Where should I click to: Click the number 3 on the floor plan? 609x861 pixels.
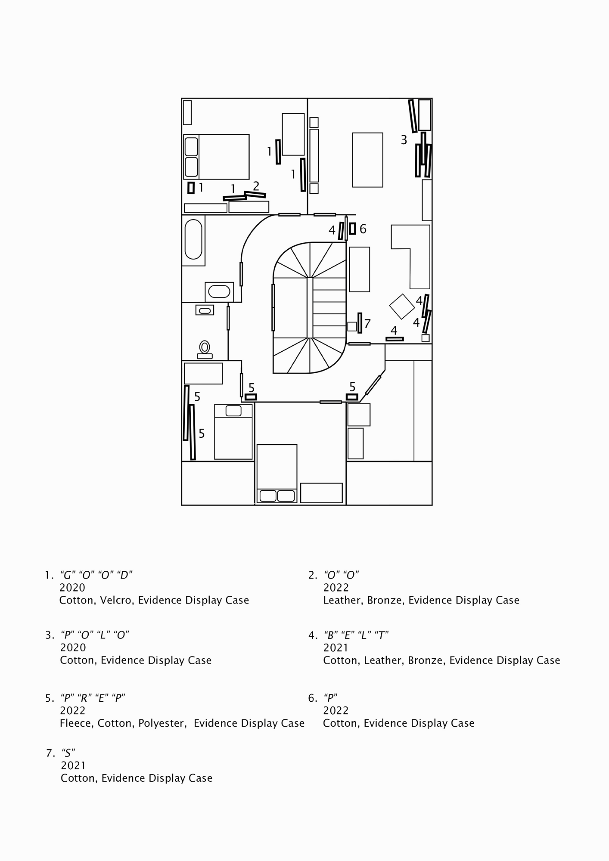click(x=404, y=140)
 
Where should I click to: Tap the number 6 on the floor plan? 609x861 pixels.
click(x=363, y=229)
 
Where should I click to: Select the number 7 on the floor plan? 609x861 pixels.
click(x=367, y=323)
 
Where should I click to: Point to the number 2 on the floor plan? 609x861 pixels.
click(x=256, y=186)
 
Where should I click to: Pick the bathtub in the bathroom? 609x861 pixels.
click(x=193, y=239)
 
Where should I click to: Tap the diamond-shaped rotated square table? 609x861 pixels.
click(x=402, y=306)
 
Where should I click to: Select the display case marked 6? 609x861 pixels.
click(x=352, y=229)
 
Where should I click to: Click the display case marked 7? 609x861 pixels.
click(x=360, y=323)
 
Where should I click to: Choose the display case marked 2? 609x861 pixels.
click(x=255, y=194)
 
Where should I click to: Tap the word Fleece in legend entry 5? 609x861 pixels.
click(x=76, y=723)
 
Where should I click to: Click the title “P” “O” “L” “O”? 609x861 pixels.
click(x=95, y=635)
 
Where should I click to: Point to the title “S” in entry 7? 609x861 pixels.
click(x=68, y=753)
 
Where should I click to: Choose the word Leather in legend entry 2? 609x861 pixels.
click(x=342, y=600)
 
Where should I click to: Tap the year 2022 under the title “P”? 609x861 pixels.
click(x=336, y=710)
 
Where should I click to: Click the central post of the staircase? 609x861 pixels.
click(x=310, y=308)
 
